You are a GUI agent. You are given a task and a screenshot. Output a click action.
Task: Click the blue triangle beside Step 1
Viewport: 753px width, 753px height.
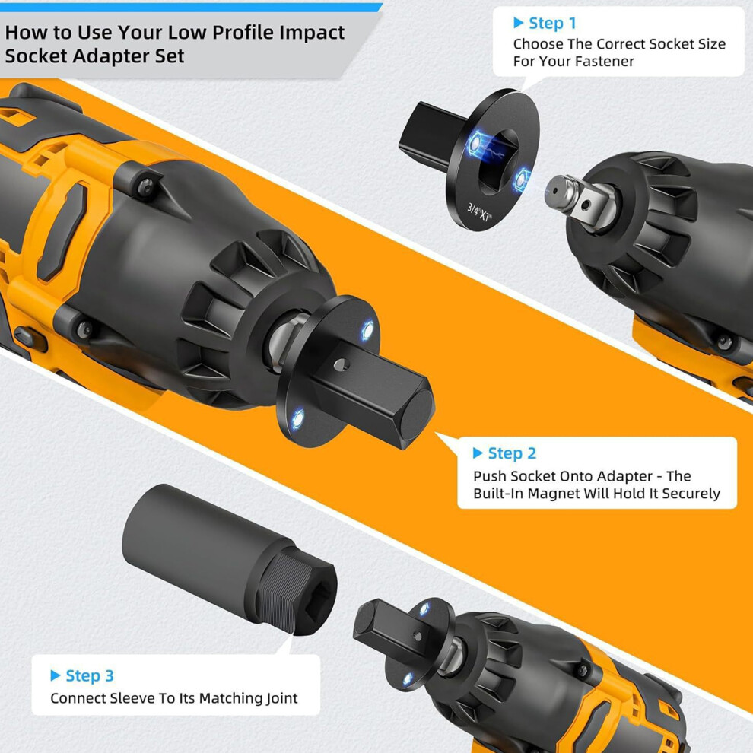[518, 23]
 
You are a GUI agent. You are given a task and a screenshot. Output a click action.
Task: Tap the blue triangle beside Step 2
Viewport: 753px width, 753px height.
[478, 453]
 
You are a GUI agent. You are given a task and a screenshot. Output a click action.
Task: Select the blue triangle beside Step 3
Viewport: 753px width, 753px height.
[56, 675]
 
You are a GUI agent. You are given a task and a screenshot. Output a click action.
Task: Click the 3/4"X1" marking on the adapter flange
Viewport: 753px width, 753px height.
[479, 212]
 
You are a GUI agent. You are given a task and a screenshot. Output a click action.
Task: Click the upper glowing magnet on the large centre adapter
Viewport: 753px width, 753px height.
[367, 330]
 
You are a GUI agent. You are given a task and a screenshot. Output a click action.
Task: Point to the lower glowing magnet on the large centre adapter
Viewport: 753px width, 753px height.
[298, 419]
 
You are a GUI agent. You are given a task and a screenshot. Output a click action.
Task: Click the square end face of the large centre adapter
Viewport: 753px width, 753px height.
[417, 414]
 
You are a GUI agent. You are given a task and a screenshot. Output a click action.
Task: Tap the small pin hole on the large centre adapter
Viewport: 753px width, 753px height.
[341, 365]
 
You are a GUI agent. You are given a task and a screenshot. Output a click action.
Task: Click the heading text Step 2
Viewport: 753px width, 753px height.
[512, 453]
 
